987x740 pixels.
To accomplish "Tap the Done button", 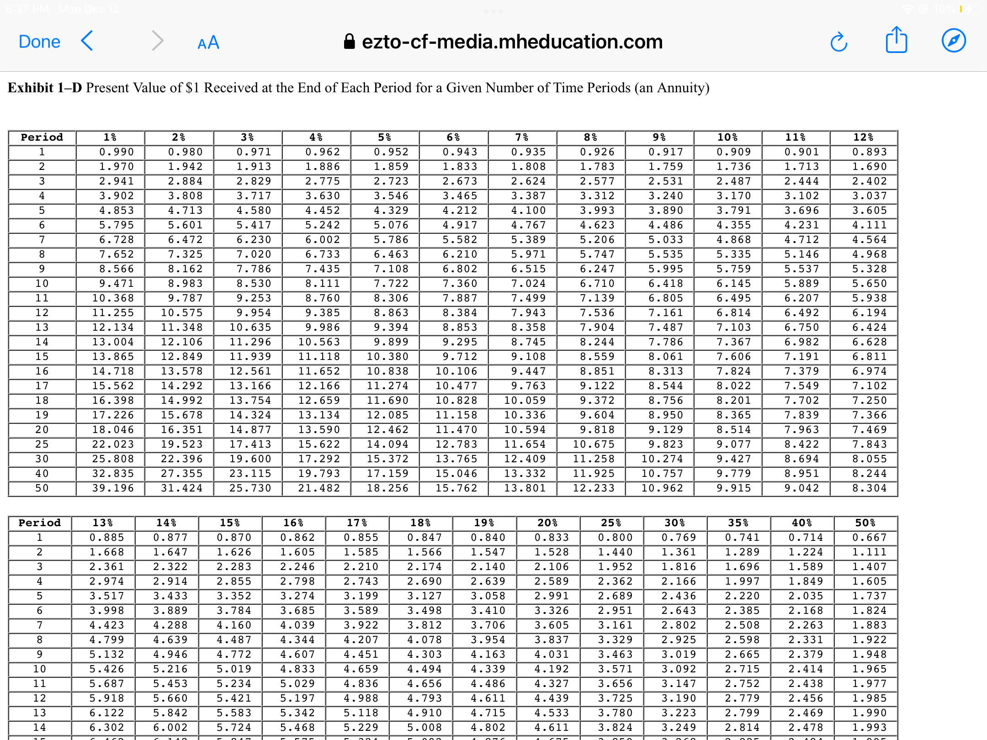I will pyautogui.click(x=39, y=42).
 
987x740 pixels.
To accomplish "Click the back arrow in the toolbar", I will pyautogui.click(x=87, y=41).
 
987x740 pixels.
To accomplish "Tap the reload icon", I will pyautogui.click(x=838, y=42).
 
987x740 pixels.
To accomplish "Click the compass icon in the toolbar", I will pyautogui.click(x=954, y=41).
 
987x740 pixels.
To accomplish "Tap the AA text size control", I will pyautogui.click(x=208, y=43).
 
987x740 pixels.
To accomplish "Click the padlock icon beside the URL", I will pyautogui.click(x=350, y=42).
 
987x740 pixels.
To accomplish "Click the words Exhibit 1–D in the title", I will pyautogui.click(x=45, y=87).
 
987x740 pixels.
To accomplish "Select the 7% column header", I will pyautogui.click(x=522, y=137).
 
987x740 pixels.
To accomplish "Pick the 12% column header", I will pyautogui.click(x=863, y=137).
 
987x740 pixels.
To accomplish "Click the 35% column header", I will pyautogui.click(x=738, y=523).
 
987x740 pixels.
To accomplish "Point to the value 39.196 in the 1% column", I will pyautogui.click(x=113, y=488).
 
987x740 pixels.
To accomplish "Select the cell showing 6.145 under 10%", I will pyautogui.click(x=733, y=284).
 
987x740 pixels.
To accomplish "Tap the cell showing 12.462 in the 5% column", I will pyautogui.click(x=387, y=430).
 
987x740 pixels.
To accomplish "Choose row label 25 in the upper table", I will pyautogui.click(x=42, y=444).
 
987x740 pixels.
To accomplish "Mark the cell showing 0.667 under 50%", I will pyautogui.click(x=869, y=538).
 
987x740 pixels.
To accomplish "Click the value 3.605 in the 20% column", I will pyautogui.click(x=552, y=625).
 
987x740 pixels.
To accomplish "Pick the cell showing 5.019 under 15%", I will pyautogui.click(x=234, y=669).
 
